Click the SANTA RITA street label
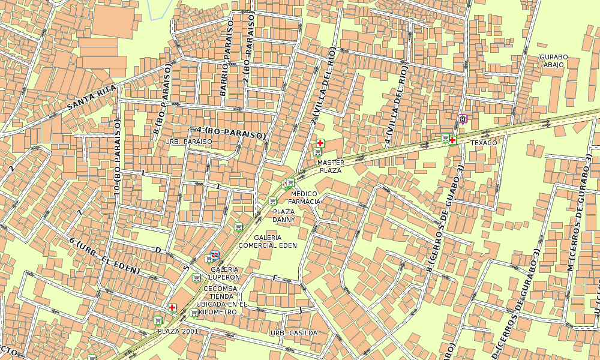(x=91, y=97)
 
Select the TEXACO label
(x=484, y=143)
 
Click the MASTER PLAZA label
(x=330, y=166)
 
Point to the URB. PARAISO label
(x=188, y=142)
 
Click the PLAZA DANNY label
(x=284, y=215)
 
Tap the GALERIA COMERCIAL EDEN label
(x=268, y=241)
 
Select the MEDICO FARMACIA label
(x=305, y=197)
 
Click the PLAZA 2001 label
(x=178, y=331)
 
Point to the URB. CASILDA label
(x=293, y=332)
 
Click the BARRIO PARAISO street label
(x=226, y=58)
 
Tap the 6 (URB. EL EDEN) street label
(x=104, y=256)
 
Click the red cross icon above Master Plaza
(x=321, y=143)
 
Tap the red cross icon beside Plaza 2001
(x=173, y=307)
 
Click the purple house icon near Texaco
(x=462, y=118)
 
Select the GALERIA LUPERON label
(x=225, y=273)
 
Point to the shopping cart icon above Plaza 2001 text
(x=158, y=320)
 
